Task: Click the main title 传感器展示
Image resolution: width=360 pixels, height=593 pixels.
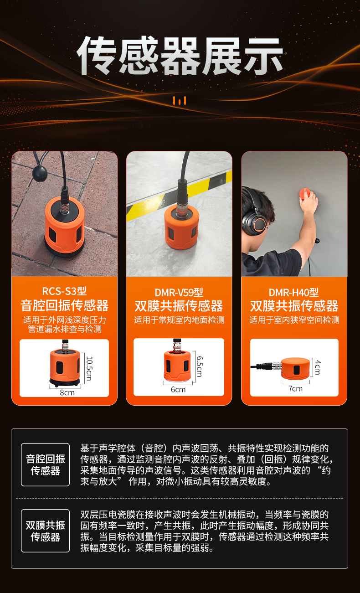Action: point(180,56)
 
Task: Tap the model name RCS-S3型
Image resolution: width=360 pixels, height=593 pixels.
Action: point(64,291)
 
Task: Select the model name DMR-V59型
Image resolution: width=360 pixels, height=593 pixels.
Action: point(179,292)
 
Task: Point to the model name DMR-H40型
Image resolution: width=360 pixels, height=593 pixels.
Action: point(294,292)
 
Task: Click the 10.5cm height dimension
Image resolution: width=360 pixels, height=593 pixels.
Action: point(89,368)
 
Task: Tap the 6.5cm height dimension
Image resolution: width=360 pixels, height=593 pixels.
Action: point(199,366)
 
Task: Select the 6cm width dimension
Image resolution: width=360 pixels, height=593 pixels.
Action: point(178,390)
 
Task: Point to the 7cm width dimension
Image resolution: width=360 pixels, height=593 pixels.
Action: point(295,389)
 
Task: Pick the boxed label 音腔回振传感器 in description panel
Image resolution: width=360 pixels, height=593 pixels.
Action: point(46,464)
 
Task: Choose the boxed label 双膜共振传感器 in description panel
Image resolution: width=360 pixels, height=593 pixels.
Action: point(46,531)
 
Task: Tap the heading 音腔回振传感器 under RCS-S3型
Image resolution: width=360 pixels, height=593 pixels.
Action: point(64,305)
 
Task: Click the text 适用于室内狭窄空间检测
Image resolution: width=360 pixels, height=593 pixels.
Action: point(294,320)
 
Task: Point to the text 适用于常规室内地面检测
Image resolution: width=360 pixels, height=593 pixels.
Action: point(179,320)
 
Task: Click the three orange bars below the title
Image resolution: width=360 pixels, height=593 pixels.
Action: point(180,101)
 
